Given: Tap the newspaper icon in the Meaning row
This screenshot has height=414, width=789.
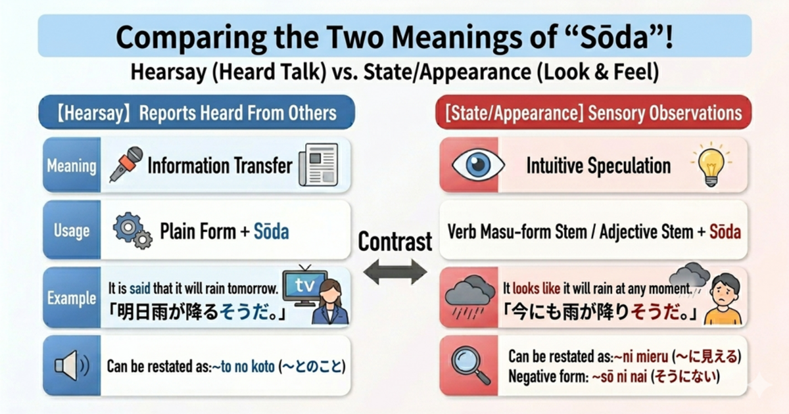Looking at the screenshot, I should pos(318,164).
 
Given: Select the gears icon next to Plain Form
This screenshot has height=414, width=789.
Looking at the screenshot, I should pos(131,231).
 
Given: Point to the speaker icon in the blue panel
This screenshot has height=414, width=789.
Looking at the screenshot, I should pos(72,365).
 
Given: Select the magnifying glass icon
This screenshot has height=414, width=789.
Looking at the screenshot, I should pos(472,365).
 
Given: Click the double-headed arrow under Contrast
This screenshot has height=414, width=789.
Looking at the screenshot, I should pos(395,271).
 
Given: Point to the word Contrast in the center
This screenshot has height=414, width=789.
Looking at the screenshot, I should pos(395,241).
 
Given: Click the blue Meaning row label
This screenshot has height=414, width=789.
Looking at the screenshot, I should pos(72,165).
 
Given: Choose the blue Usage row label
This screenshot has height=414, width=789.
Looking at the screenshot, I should pos(72,231).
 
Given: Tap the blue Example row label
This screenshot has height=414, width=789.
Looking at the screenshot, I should pos(72,298).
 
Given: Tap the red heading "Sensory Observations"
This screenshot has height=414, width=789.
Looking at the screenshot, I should pos(664,112).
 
